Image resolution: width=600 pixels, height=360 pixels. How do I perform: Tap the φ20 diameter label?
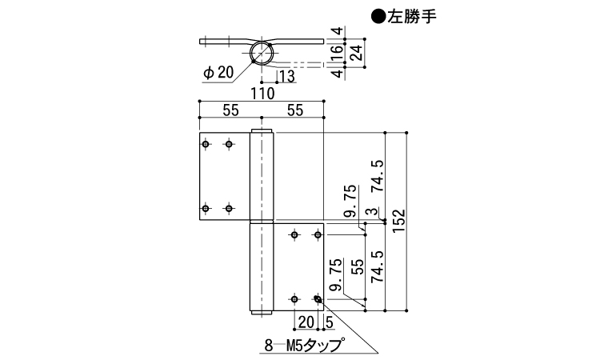[x=218, y=72]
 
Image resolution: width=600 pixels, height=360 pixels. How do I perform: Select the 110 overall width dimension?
[x=260, y=94]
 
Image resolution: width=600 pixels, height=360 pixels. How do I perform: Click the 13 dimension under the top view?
[x=286, y=77]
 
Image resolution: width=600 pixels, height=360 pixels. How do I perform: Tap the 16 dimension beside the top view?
[x=338, y=53]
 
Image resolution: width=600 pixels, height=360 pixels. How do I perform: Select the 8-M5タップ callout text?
[x=303, y=346]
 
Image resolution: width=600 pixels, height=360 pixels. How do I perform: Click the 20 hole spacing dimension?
[x=305, y=322]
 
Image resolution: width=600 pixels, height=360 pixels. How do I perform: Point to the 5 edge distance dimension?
[x=330, y=322]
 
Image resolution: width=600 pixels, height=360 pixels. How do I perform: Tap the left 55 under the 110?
[x=230, y=111]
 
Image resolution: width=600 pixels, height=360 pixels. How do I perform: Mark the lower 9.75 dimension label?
[x=336, y=274]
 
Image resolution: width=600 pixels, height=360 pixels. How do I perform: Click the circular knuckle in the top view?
[x=262, y=54]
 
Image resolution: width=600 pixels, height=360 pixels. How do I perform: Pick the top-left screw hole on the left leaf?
[x=206, y=144]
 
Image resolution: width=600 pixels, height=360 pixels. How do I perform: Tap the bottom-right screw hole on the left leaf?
[x=230, y=209]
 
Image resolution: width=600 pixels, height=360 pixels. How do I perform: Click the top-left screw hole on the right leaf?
[x=295, y=235]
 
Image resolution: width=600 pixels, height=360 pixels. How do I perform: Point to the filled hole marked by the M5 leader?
[x=318, y=299]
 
